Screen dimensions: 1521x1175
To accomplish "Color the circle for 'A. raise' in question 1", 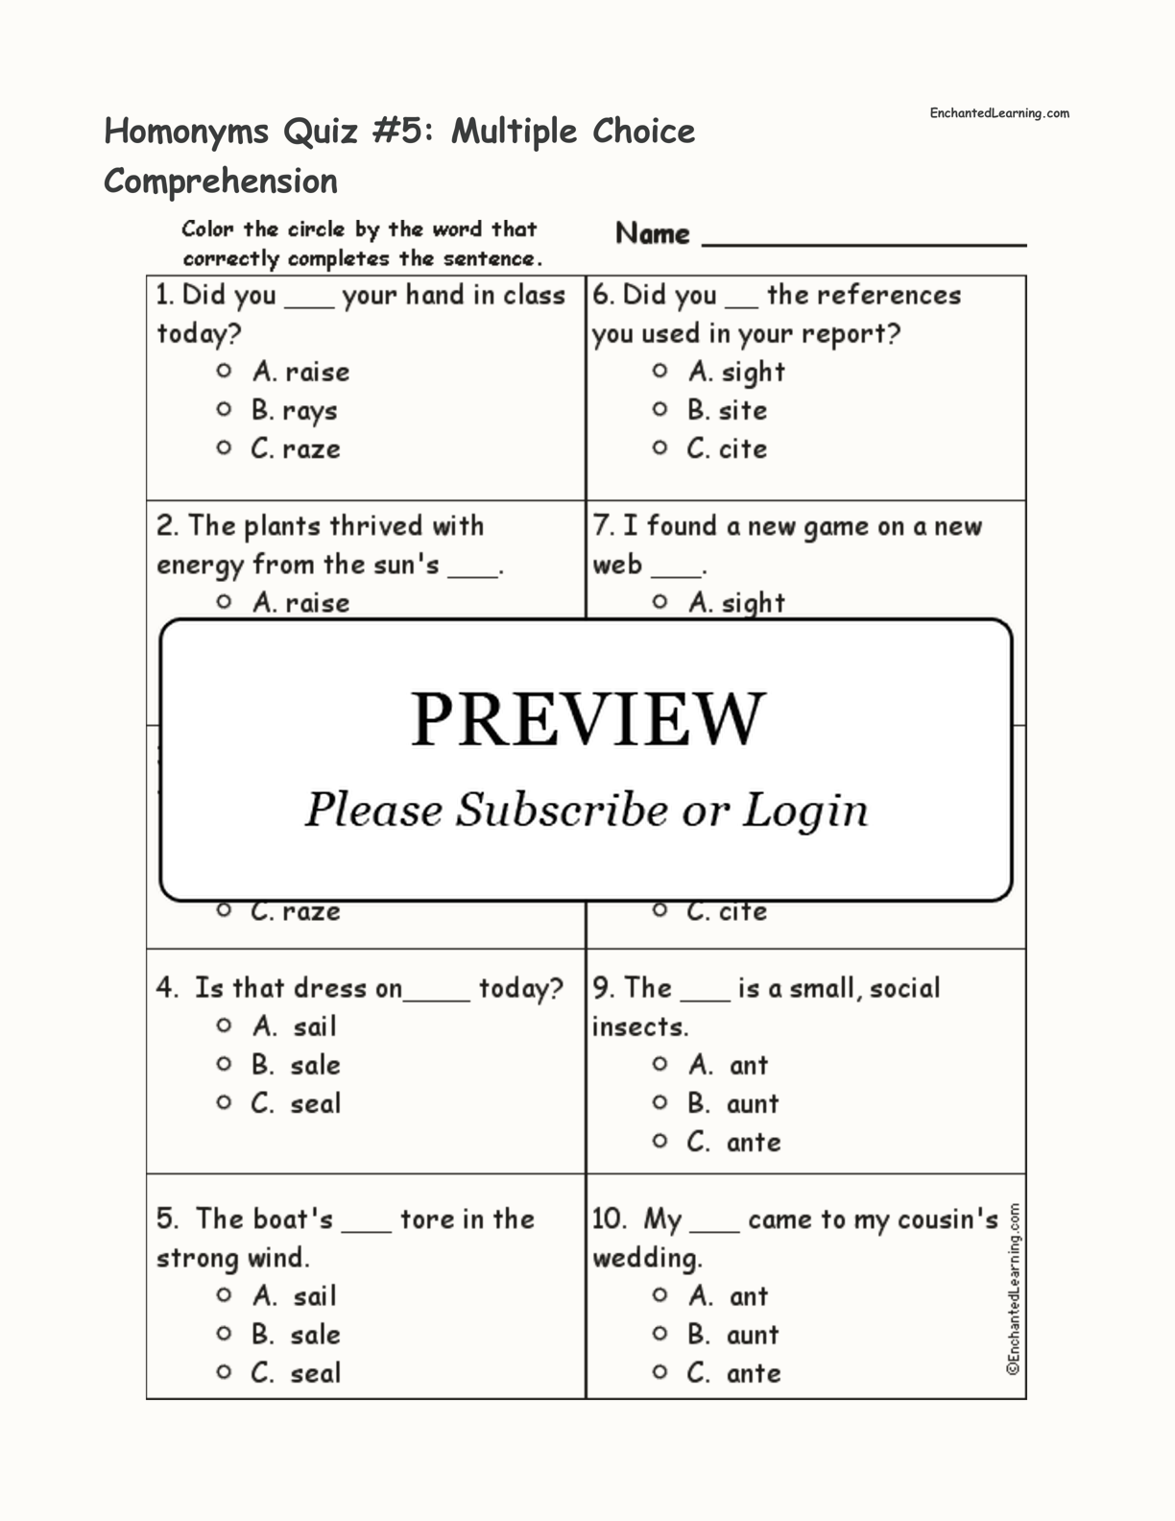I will [224, 371].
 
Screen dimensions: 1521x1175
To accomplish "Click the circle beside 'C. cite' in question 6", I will [659, 447].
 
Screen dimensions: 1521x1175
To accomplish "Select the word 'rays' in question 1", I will [310, 411].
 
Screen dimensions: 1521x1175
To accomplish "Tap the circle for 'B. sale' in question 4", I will [224, 1064].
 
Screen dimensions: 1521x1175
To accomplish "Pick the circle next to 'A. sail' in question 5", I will [224, 1294].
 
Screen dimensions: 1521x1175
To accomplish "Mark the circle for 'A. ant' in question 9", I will [659, 1064].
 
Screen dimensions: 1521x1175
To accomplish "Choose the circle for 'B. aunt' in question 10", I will [659, 1333].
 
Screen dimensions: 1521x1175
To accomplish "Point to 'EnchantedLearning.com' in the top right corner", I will [998, 113].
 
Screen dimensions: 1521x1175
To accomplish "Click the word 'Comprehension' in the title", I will [221, 181].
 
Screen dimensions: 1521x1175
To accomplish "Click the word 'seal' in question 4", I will [316, 1103].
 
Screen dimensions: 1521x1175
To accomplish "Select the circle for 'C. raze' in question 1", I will [224, 447].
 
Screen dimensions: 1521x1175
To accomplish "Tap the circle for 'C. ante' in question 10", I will [659, 1371].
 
